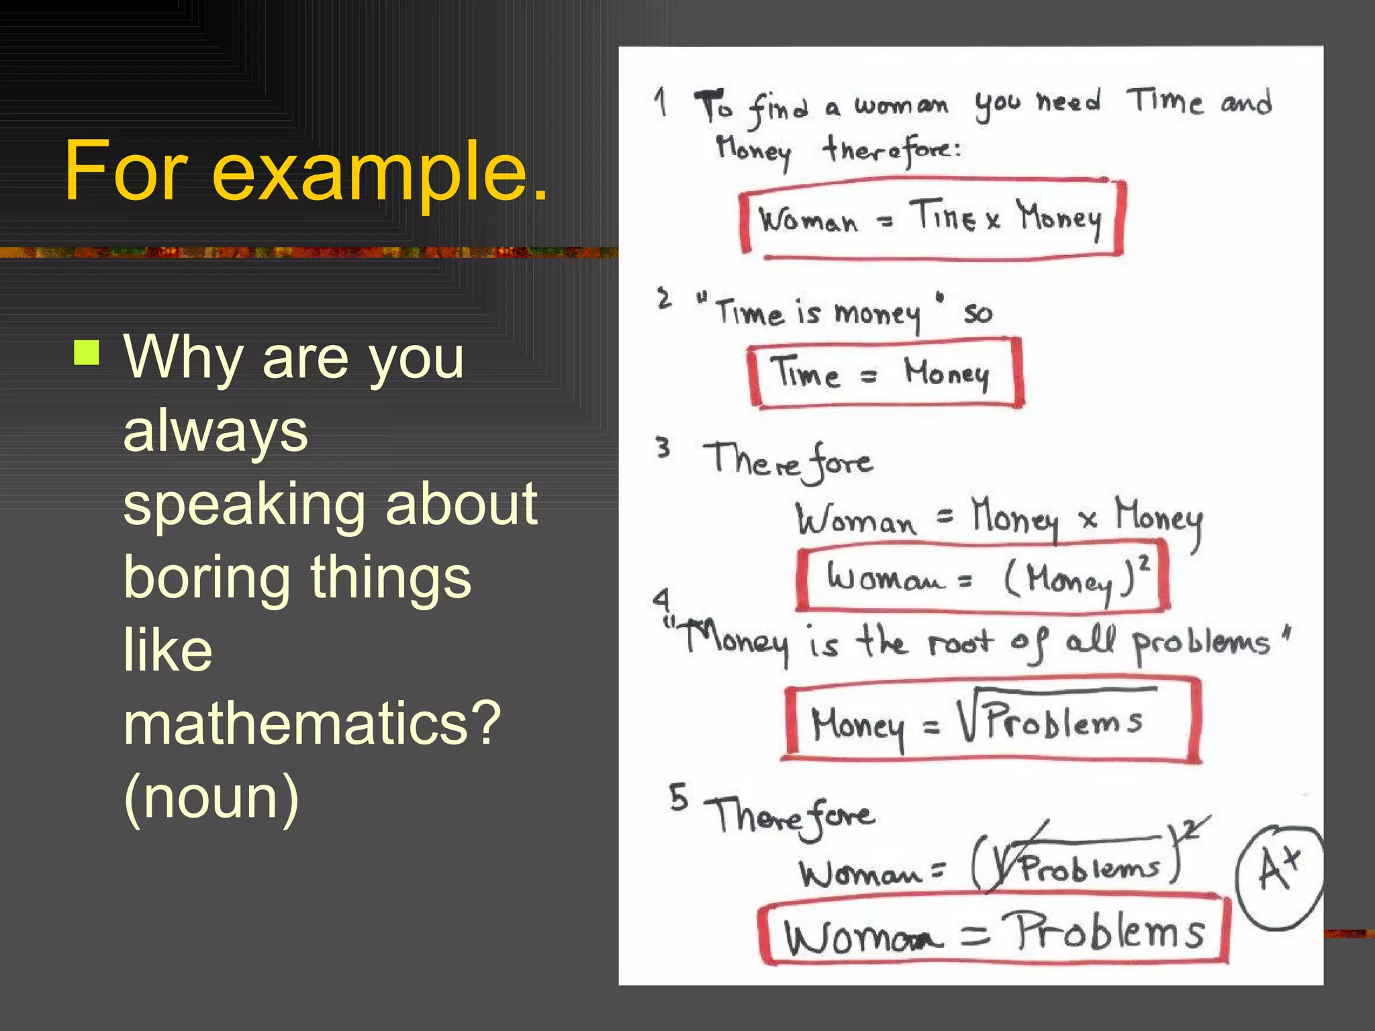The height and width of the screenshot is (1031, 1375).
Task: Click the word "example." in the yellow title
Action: coord(380,172)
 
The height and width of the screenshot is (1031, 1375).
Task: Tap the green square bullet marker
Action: coord(87,352)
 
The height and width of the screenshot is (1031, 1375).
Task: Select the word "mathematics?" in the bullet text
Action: coord(312,724)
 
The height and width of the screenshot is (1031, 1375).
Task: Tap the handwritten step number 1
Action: coord(662,102)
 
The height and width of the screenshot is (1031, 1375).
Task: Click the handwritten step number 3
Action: coord(663,447)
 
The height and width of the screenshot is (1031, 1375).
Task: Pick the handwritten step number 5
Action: coord(678,797)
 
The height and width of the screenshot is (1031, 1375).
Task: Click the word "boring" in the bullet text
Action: coord(206,578)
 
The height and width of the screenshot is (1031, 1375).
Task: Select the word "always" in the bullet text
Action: coord(216,431)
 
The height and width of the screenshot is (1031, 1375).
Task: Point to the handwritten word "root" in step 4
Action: coord(960,643)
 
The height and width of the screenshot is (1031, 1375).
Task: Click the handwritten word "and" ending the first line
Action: coord(1245,103)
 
